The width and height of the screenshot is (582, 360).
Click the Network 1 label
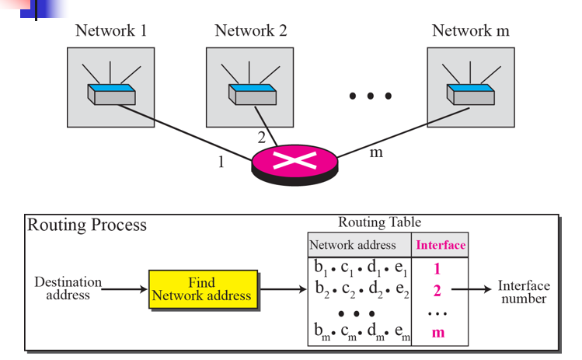coord(111,31)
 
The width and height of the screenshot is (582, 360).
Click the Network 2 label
coord(251,31)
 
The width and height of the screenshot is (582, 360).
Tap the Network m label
coord(471,31)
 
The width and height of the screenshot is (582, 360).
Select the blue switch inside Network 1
coord(111,93)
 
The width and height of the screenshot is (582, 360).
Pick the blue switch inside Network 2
coord(251,93)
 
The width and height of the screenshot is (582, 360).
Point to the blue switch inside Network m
coord(471,93)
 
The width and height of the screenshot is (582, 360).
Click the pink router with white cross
coord(294,163)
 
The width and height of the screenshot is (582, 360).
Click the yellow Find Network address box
coord(201,288)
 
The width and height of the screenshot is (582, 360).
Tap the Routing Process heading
coord(87,225)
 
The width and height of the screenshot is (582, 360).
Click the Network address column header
coord(353,245)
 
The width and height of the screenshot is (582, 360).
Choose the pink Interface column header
coord(441,245)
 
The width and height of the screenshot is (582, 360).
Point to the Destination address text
coord(68,288)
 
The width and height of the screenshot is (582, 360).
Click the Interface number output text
coord(523,292)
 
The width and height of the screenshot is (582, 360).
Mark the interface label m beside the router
coord(376,152)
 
